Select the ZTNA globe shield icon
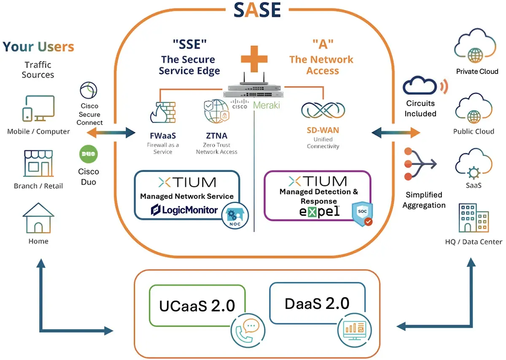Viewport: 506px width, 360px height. coord(216,111)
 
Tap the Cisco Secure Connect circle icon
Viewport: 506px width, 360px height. coord(89,90)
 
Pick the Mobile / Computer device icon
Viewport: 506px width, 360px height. coord(38,108)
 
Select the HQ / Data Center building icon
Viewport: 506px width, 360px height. coord(474,218)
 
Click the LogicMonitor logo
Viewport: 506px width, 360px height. coord(185,209)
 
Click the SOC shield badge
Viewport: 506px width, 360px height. coord(362,213)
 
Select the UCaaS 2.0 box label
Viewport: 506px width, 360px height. coord(197,306)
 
